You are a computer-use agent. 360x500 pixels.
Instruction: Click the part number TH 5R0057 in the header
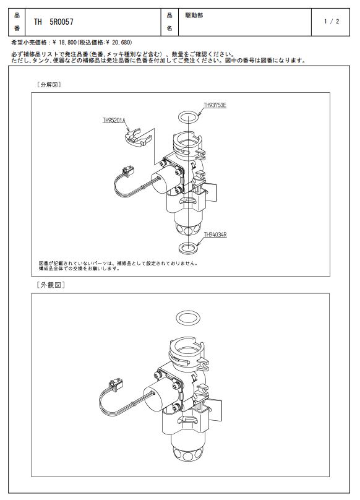(x=54, y=22)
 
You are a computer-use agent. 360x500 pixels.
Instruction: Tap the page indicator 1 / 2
(x=332, y=22)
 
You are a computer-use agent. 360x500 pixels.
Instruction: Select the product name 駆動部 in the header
(x=194, y=15)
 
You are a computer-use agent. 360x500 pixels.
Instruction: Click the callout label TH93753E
(x=215, y=105)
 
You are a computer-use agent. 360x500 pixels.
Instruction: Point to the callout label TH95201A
(x=114, y=120)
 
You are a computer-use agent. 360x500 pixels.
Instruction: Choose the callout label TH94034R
(x=215, y=235)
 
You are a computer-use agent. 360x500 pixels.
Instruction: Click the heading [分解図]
(x=49, y=85)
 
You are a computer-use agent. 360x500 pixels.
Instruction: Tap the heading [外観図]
(x=51, y=285)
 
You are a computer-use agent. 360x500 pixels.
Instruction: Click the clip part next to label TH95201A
(x=137, y=138)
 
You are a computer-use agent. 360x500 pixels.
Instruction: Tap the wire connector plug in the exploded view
(x=128, y=171)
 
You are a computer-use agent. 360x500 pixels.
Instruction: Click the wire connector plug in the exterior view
(x=116, y=384)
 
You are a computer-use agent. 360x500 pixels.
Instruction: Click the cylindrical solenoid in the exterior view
(x=156, y=397)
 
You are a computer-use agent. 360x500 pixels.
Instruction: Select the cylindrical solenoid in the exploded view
(x=163, y=181)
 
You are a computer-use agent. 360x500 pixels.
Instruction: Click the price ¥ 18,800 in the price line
(x=64, y=42)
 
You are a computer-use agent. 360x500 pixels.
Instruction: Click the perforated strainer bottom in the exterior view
(x=187, y=452)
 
